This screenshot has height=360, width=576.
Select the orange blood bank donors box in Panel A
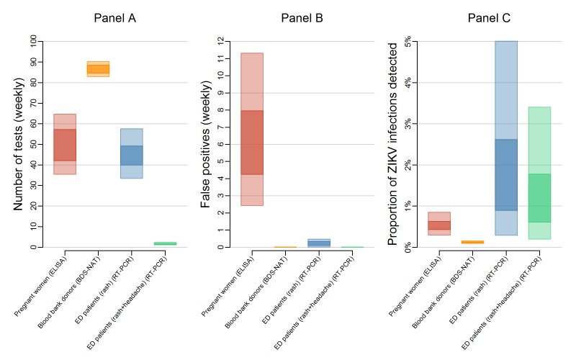click(98, 69)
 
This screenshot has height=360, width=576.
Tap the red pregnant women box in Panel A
click(65, 144)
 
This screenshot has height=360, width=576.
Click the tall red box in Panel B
click(252, 130)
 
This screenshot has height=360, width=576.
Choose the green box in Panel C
click(539, 173)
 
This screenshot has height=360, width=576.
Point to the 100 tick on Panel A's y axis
click(32, 42)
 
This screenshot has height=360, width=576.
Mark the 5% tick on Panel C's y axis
click(407, 42)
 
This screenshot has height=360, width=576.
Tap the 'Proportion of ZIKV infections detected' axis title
click(393, 144)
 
